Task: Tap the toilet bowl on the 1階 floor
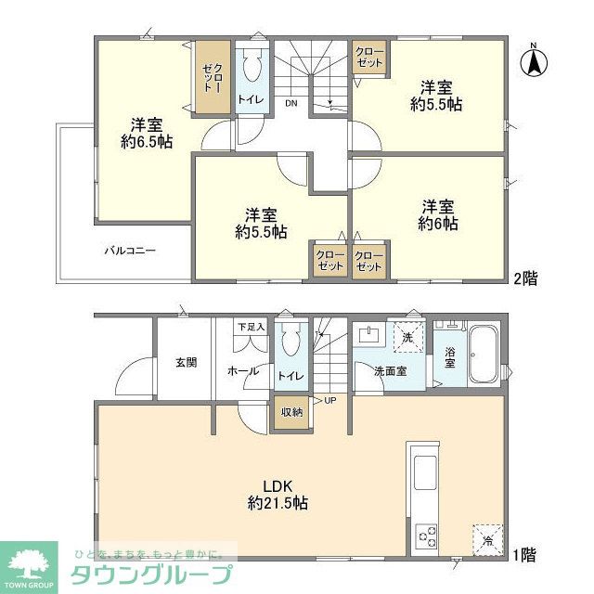(x=291, y=342)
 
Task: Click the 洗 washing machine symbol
(x=407, y=337)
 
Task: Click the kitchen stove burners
(x=428, y=536)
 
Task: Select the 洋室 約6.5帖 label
(x=146, y=133)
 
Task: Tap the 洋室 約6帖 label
(x=437, y=215)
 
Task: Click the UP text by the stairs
(x=329, y=401)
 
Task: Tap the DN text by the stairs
(x=291, y=102)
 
